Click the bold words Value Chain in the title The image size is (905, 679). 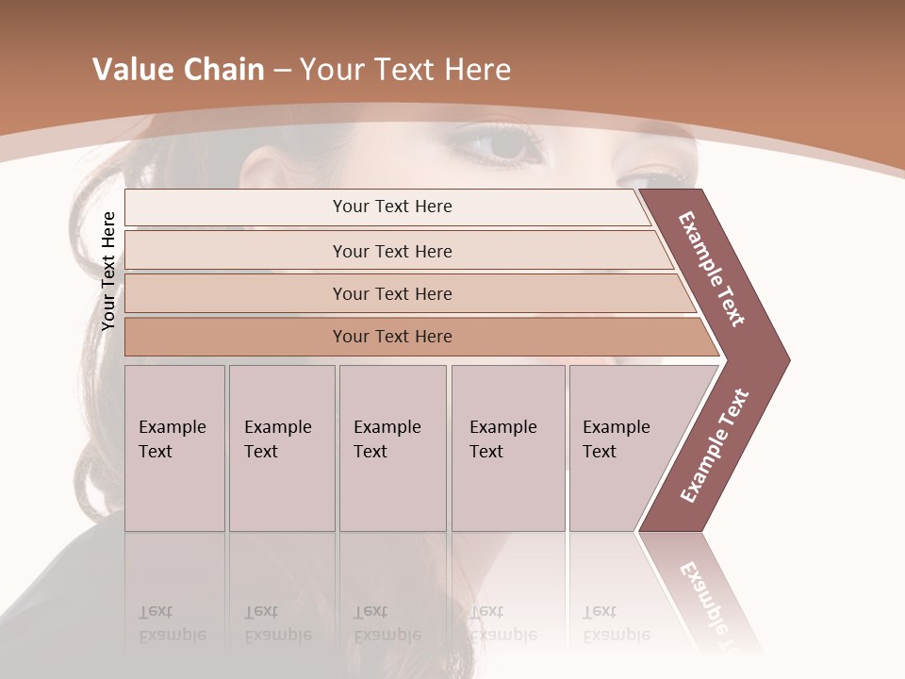click(x=178, y=70)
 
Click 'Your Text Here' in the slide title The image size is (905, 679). click(x=405, y=70)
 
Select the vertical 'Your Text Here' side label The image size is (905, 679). click(x=108, y=271)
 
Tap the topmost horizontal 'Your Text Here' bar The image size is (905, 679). click(x=391, y=207)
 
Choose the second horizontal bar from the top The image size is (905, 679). click(x=391, y=251)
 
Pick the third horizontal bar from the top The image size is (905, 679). click(x=391, y=293)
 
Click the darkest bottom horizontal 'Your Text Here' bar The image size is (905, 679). click(x=391, y=337)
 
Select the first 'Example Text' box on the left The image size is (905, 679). click(x=174, y=448)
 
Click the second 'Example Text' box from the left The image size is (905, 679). click(x=281, y=448)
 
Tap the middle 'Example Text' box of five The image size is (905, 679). click(x=392, y=448)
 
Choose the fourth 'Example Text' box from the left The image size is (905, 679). click(x=507, y=448)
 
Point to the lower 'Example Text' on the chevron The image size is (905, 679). click(x=715, y=446)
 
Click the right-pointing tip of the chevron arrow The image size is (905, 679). click(x=784, y=359)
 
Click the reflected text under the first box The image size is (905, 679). click(x=172, y=622)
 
